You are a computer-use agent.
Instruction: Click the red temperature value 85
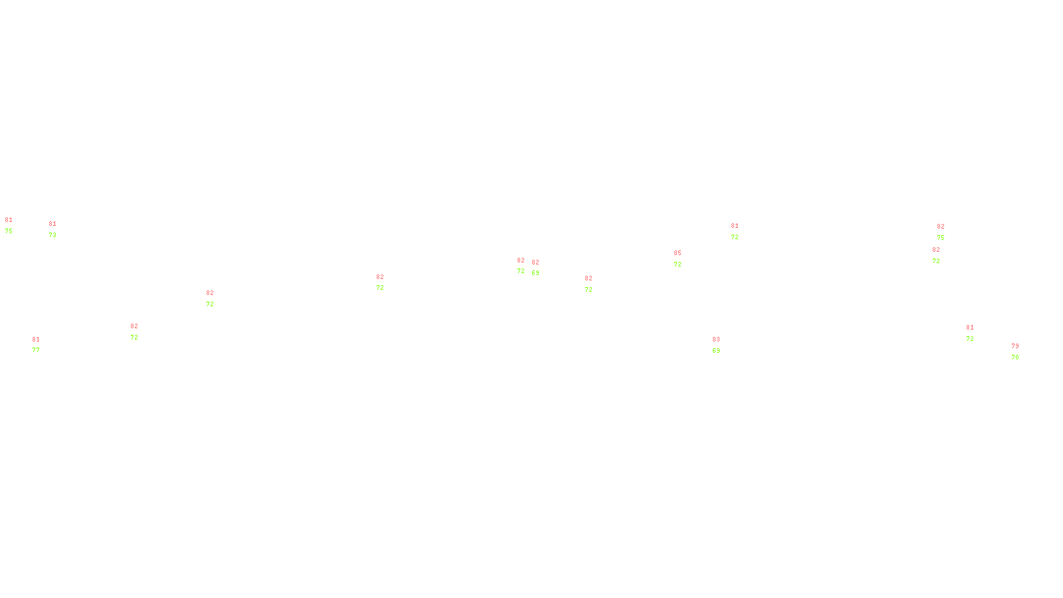point(678,253)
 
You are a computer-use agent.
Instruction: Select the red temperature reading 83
point(716,340)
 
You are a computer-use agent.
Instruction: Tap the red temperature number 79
point(1015,346)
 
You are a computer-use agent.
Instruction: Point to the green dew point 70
point(1015,357)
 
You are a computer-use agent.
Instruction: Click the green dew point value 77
point(36,350)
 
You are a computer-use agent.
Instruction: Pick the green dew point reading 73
point(52,235)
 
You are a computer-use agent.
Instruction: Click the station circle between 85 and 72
point(684,258)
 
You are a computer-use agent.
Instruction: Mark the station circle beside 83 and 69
point(722,345)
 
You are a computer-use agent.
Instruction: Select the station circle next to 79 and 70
point(1022,351)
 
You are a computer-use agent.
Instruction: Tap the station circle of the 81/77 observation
point(42,345)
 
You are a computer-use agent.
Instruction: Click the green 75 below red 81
point(9,231)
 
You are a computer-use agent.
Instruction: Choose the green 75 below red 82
point(941,238)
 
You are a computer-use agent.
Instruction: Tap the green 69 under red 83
point(716,351)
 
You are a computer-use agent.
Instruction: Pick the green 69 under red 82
point(535,273)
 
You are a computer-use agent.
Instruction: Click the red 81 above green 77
point(36,340)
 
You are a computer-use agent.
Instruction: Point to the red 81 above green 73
point(52,224)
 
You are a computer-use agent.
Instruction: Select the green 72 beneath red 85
point(678,264)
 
